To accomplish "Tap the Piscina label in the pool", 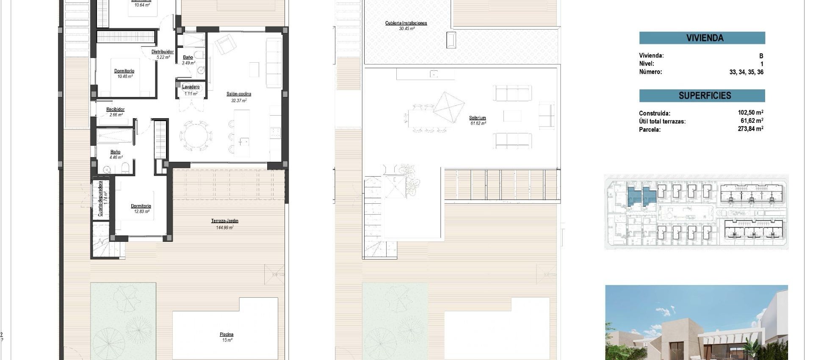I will click(x=227, y=335).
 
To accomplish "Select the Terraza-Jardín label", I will click(x=224, y=221).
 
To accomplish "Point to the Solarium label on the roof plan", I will click(x=477, y=118).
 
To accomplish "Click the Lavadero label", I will click(x=191, y=87).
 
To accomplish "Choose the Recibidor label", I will click(x=115, y=109).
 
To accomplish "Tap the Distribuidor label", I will click(x=163, y=52).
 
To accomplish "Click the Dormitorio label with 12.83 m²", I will click(x=141, y=206).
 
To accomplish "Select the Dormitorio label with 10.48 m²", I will click(x=124, y=71).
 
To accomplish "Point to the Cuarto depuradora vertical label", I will click(x=101, y=199).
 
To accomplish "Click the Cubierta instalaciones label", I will click(x=406, y=23).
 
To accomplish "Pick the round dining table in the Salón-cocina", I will click(x=196, y=136).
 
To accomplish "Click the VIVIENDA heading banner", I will click(x=702, y=38).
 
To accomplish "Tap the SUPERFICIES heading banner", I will click(x=702, y=96).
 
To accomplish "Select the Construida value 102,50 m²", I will click(x=750, y=113).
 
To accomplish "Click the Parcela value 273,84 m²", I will click(x=750, y=129).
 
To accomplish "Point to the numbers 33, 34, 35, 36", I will click(x=746, y=72).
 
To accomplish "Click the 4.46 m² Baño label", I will click(x=115, y=152).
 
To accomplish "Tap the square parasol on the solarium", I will click(x=449, y=108).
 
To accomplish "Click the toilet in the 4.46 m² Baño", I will click(x=125, y=169).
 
